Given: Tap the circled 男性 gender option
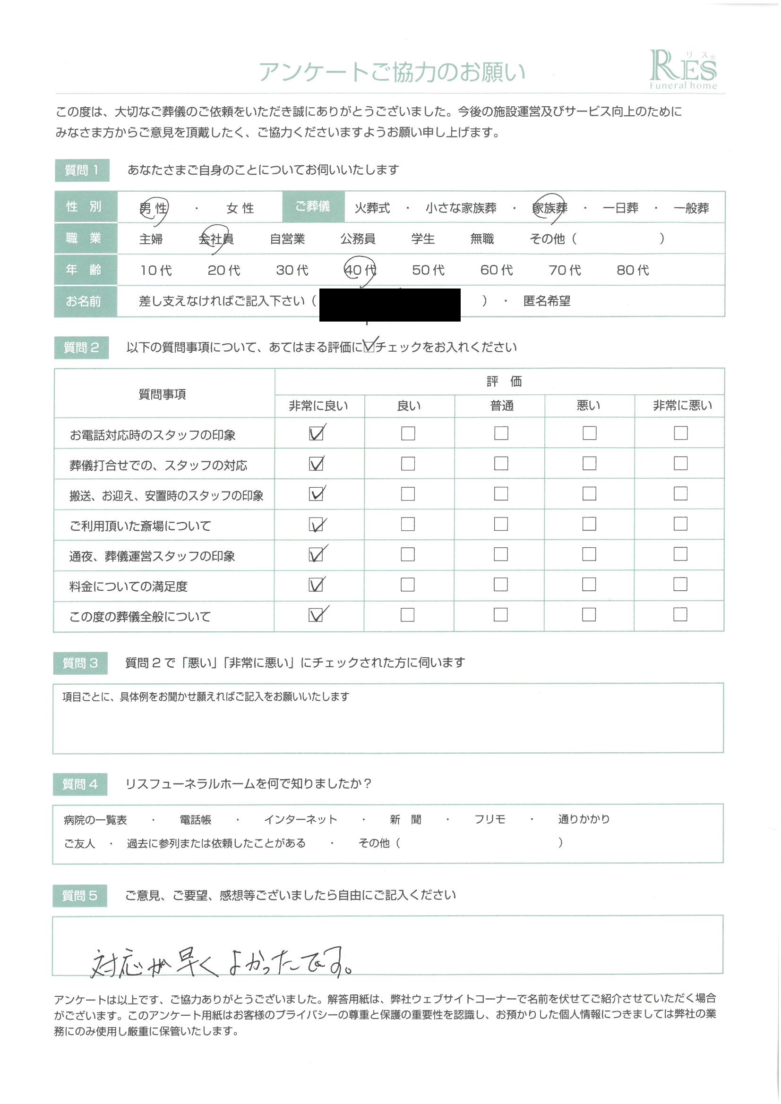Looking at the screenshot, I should (x=153, y=208).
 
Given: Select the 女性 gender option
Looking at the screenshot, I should (x=240, y=208).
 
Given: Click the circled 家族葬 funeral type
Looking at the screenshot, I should (x=549, y=208).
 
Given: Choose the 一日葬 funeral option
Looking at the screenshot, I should (x=620, y=208).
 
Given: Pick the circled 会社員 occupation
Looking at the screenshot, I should (x=216, y=239).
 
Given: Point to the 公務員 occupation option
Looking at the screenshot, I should (x=358, y=239).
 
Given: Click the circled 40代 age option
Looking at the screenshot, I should (x=360, y=270).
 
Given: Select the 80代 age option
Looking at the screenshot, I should (x=632, y=270).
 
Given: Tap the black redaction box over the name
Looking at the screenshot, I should (x=389, y=305).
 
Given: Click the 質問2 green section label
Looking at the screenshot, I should (x=81, y=348).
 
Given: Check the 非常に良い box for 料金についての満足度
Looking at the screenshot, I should (x=316, y=585).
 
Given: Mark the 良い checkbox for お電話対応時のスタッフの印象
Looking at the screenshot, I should (x=408, y=433).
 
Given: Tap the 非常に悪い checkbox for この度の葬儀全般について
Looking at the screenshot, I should (x=679, y=614).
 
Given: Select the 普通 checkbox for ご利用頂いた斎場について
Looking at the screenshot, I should (x=500, y=524).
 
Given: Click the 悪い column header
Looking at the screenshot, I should (x=588, y=406).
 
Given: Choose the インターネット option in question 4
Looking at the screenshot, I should (x=300, y=819).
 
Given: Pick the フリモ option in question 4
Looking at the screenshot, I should (x=489, y=819).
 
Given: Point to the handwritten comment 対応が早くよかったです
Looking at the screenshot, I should (x=222, y=962).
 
